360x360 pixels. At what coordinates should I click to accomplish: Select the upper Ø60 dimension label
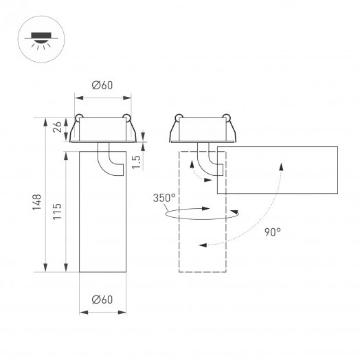pos(102,85)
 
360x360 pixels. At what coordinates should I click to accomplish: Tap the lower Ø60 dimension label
pos(102,299)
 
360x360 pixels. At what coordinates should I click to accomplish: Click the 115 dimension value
pos(58,209)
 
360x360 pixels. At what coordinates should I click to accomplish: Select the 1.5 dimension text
pos(137,161)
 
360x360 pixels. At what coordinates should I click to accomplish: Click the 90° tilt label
pos(272,232)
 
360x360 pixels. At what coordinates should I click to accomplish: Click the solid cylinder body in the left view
pos(102,220)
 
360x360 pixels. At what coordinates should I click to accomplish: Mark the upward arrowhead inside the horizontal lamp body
pos(281,166)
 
